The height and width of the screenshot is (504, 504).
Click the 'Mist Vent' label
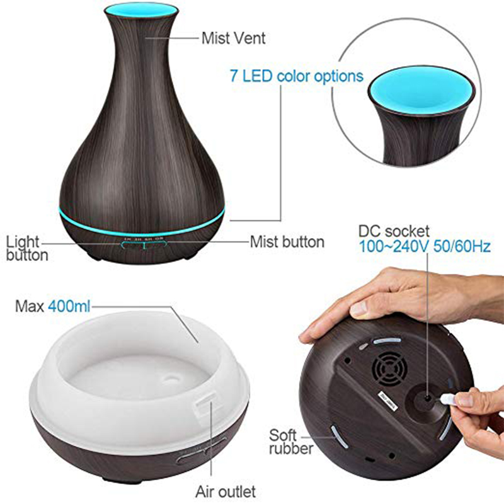tap(233, 38)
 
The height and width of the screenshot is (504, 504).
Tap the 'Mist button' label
tap(287, 242)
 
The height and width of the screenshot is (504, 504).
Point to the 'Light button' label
tap(27, 248)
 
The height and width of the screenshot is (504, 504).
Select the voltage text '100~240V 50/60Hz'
tap(425, 246)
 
